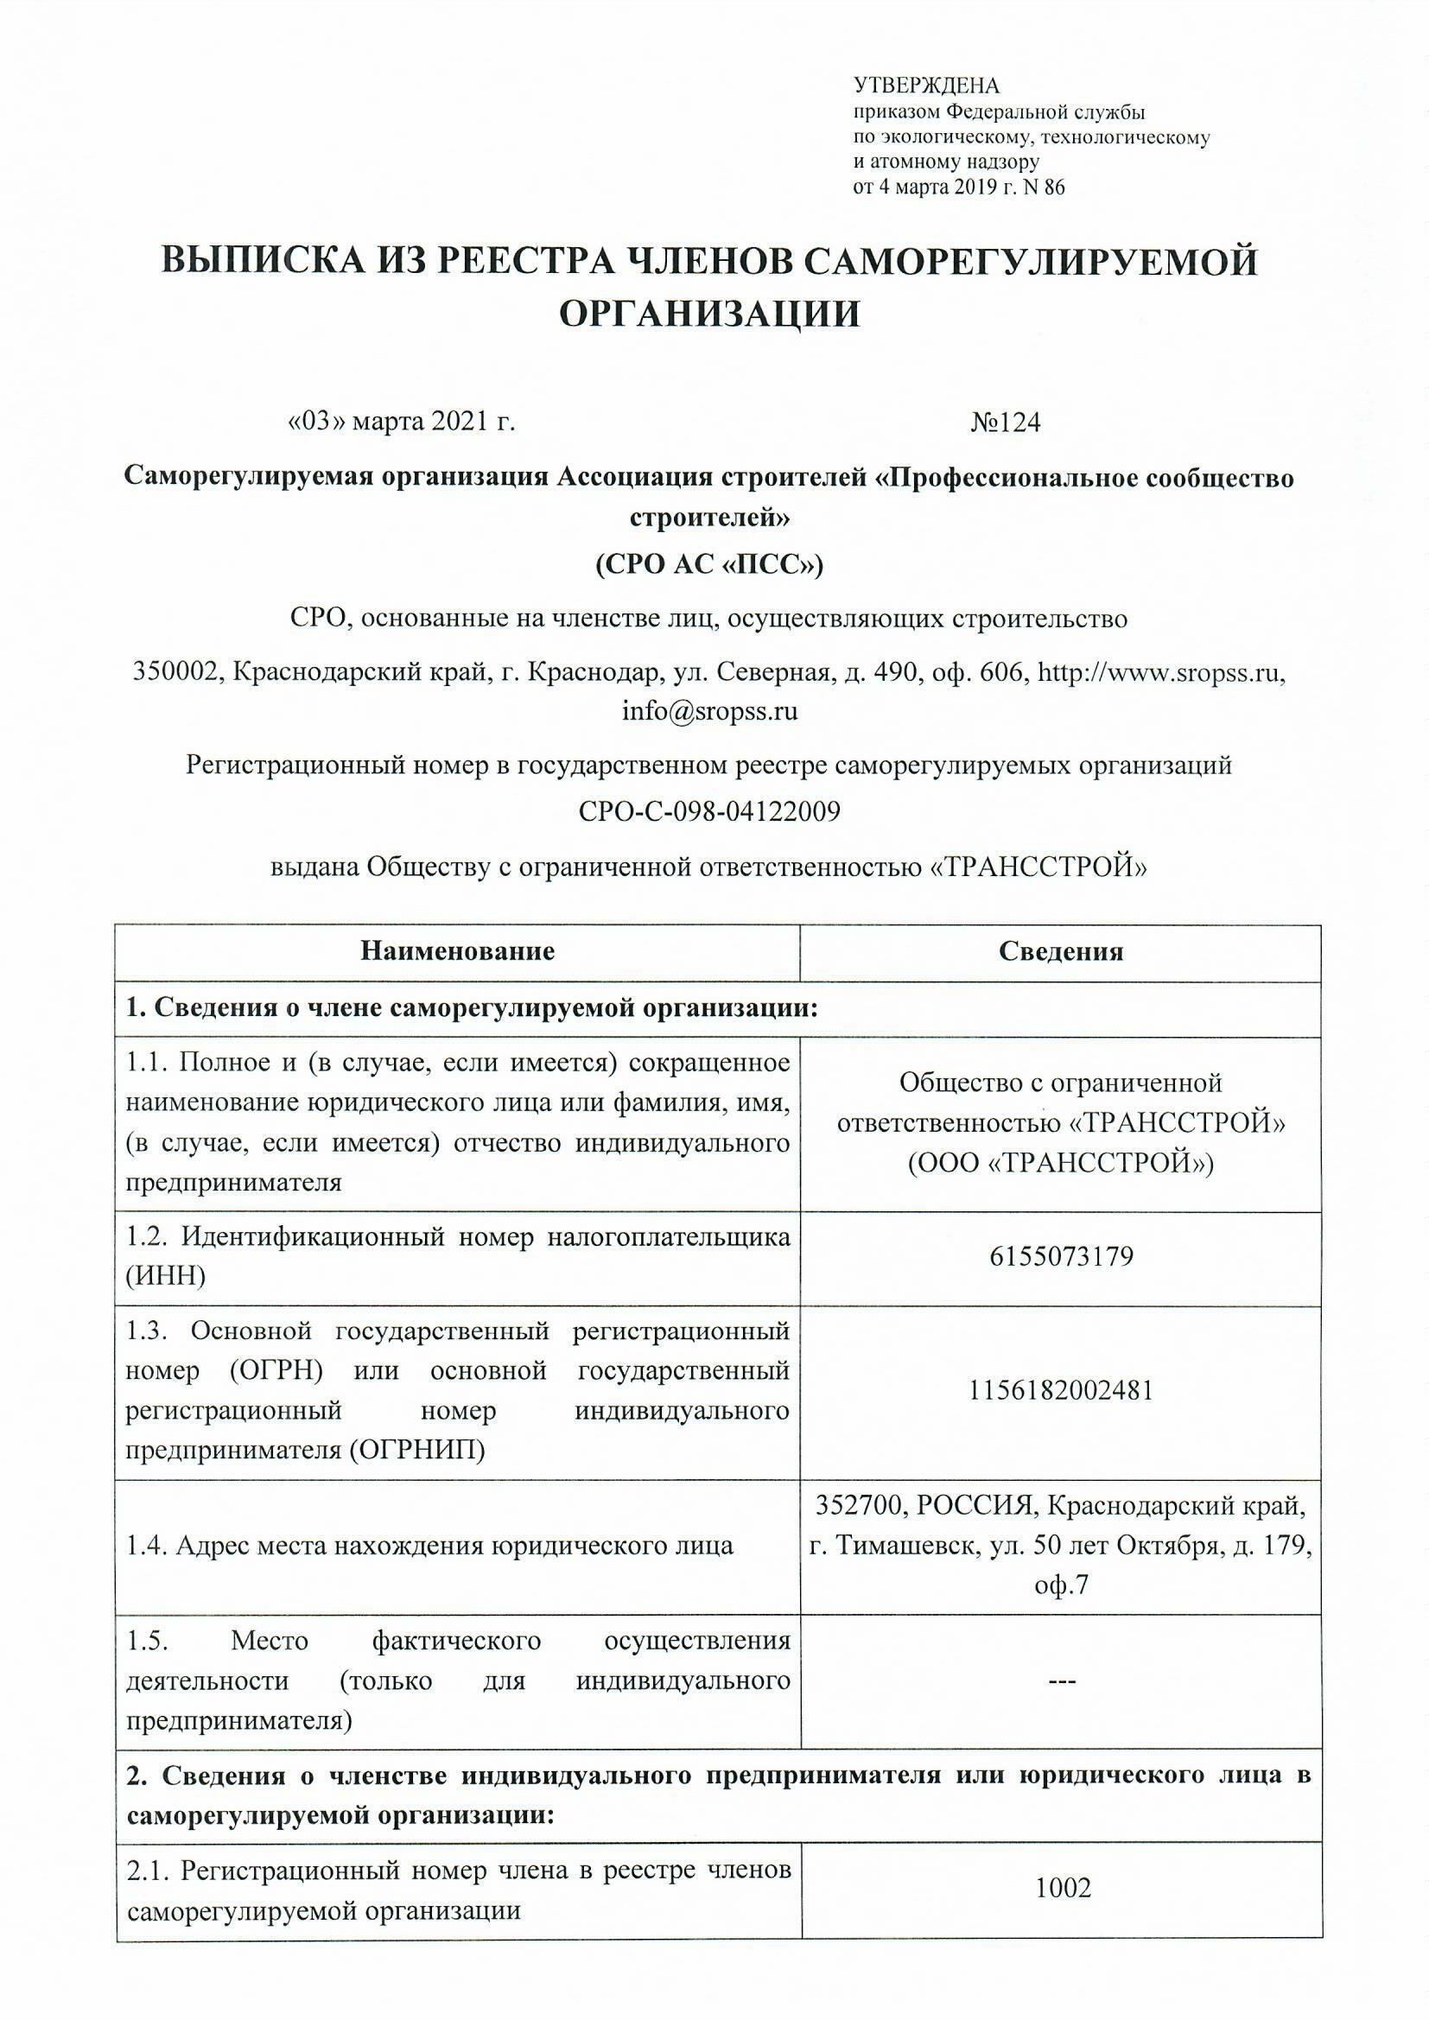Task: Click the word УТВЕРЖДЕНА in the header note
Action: [x=926, y=86]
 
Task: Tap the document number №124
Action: [x=1005, y=423]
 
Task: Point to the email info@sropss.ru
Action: [x=709, y=711]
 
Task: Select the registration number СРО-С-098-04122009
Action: [x=709, y=811]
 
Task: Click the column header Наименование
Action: [x=458, y=952]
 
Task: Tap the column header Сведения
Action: [x=1060, y=952]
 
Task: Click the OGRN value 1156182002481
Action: [x=1060, y=1392]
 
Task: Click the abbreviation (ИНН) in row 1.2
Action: [x=166, y=1276]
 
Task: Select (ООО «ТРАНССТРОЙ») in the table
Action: [x=1060, y=1164]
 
